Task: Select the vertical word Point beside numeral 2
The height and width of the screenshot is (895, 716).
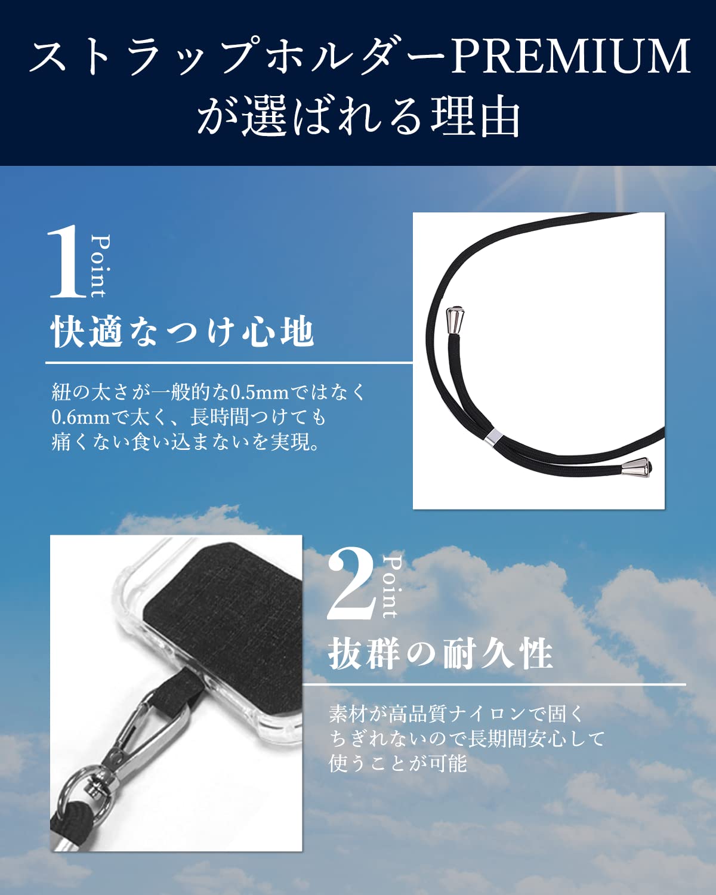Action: coord(391,587)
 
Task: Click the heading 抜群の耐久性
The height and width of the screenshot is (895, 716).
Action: coord(440,654)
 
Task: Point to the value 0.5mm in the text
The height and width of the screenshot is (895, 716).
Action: coord(260,392)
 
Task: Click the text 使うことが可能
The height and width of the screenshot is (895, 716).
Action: coord(397,763)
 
